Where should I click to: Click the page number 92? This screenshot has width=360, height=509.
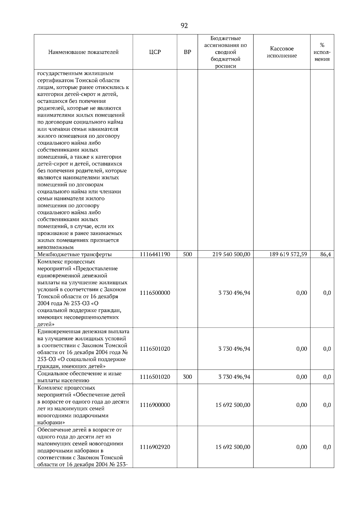click(x=184, y=26)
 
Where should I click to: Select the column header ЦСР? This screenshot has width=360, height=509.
click(x=155, y=52)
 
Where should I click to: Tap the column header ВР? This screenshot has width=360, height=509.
click(x=187, y=52)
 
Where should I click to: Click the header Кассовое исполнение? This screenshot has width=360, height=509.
click(x=282, y=52)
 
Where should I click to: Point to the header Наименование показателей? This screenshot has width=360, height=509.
click(x=83, y=52)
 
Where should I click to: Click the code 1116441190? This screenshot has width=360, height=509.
click(x=155, y=254)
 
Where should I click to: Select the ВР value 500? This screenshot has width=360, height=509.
click(x=187, y=254)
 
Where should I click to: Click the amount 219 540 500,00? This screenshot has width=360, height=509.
click(x=231, y=254)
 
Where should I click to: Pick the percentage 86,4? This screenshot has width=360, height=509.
click(x=325, y=254)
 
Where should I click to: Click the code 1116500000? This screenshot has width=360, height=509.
click(x=155, y=293)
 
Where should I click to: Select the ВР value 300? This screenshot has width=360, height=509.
click(x=187, y=377)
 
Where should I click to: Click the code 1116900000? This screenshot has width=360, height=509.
click(x=155, y=405)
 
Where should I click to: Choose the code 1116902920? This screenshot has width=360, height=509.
click(x=155, y=447)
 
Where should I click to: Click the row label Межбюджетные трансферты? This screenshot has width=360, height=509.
click(x=74, y=255)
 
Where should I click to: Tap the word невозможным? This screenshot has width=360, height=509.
click(x=55, y=247)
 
